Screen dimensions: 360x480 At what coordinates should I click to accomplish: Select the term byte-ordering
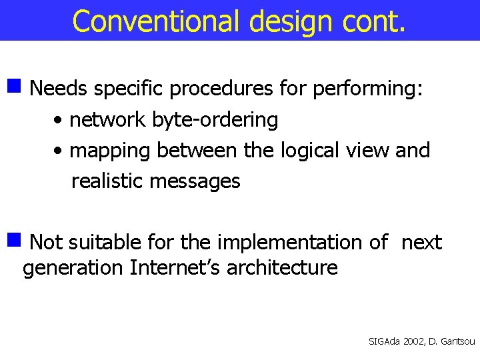215,120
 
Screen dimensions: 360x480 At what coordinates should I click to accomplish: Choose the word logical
304,151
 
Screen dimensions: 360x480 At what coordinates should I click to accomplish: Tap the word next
421,242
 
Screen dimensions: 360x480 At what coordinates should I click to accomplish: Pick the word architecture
282,268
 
